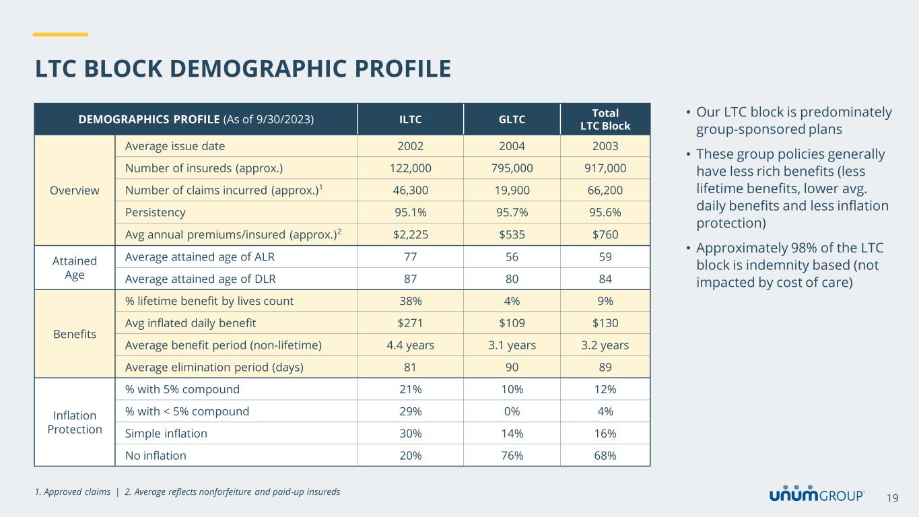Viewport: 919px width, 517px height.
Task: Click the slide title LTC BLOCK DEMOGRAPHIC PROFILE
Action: click(x=243, y=69)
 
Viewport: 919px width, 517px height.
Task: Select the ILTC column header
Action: click(x=410, y=120)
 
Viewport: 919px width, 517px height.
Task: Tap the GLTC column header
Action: click(x=512, y=120)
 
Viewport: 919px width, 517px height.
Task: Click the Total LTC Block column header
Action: click(x=605, y=119)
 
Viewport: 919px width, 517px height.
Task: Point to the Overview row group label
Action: click(x=75, y=190)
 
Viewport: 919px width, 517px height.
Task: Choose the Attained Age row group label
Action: click(x=75, y=267)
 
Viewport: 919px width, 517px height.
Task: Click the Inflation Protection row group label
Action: click(x=75, y=422)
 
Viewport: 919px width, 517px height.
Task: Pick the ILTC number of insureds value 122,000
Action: click(x=410, y=168)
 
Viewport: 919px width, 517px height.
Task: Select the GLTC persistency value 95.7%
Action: click(x=512, y=212)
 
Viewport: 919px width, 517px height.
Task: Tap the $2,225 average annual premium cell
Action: click(x=410, y=234)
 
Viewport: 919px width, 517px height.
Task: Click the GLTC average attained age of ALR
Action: click(x=512, y=256)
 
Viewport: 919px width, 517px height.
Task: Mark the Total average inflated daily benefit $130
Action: click(x=605, y=323)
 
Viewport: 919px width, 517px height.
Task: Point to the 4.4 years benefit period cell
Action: click(x=410, y=345)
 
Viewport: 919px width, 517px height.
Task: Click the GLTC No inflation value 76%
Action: click(x=512, y=456)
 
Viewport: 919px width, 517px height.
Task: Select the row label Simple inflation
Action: click(x=166, y=434)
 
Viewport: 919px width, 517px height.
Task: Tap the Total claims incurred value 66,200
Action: click(x=605, y=191)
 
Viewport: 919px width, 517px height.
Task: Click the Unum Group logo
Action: click(x=817, y=495)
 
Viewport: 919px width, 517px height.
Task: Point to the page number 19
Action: click(x=893, y=498)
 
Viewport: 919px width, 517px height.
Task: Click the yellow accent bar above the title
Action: click(x=61, y=34)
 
